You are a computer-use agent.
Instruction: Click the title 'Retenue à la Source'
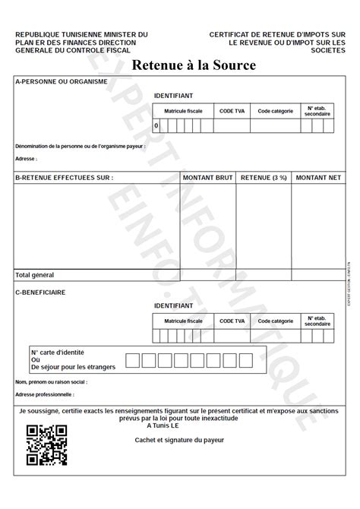194,65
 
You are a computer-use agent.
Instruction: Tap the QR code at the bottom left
47,445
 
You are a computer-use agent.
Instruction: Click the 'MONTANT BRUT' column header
207,178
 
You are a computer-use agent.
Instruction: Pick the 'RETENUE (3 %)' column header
263,178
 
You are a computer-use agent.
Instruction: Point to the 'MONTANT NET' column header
318,178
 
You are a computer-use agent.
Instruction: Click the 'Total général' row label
35,275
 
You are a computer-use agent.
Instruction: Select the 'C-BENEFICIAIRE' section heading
40,292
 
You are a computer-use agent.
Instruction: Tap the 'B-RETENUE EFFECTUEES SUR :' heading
64,178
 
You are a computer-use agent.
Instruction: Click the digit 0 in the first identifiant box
156,125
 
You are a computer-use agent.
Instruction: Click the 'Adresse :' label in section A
26,160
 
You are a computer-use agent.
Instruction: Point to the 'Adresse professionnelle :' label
46,396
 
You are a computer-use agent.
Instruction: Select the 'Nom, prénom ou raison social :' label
52,382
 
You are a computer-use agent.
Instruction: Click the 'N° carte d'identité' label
57,353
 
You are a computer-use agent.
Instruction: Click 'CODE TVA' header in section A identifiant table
232,111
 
